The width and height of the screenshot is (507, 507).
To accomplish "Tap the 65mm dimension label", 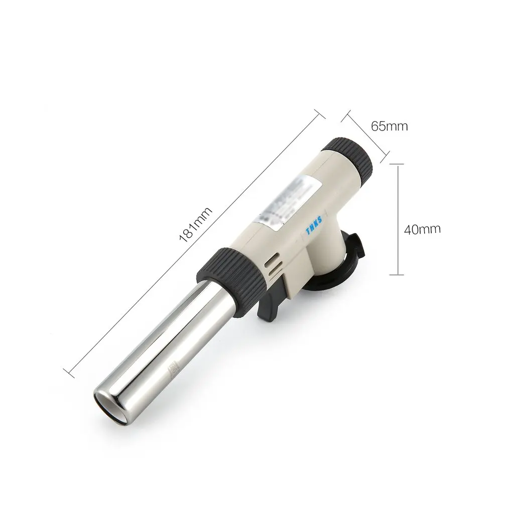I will [x=389, y=125].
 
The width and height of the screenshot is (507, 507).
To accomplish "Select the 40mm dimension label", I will [x=422, y=229].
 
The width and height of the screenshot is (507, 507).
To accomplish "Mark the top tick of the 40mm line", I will [x=397, y=164].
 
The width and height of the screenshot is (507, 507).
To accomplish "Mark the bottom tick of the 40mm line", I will [x=397, y=274].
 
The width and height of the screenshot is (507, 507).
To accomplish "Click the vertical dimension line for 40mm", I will [x=397, y=221].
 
